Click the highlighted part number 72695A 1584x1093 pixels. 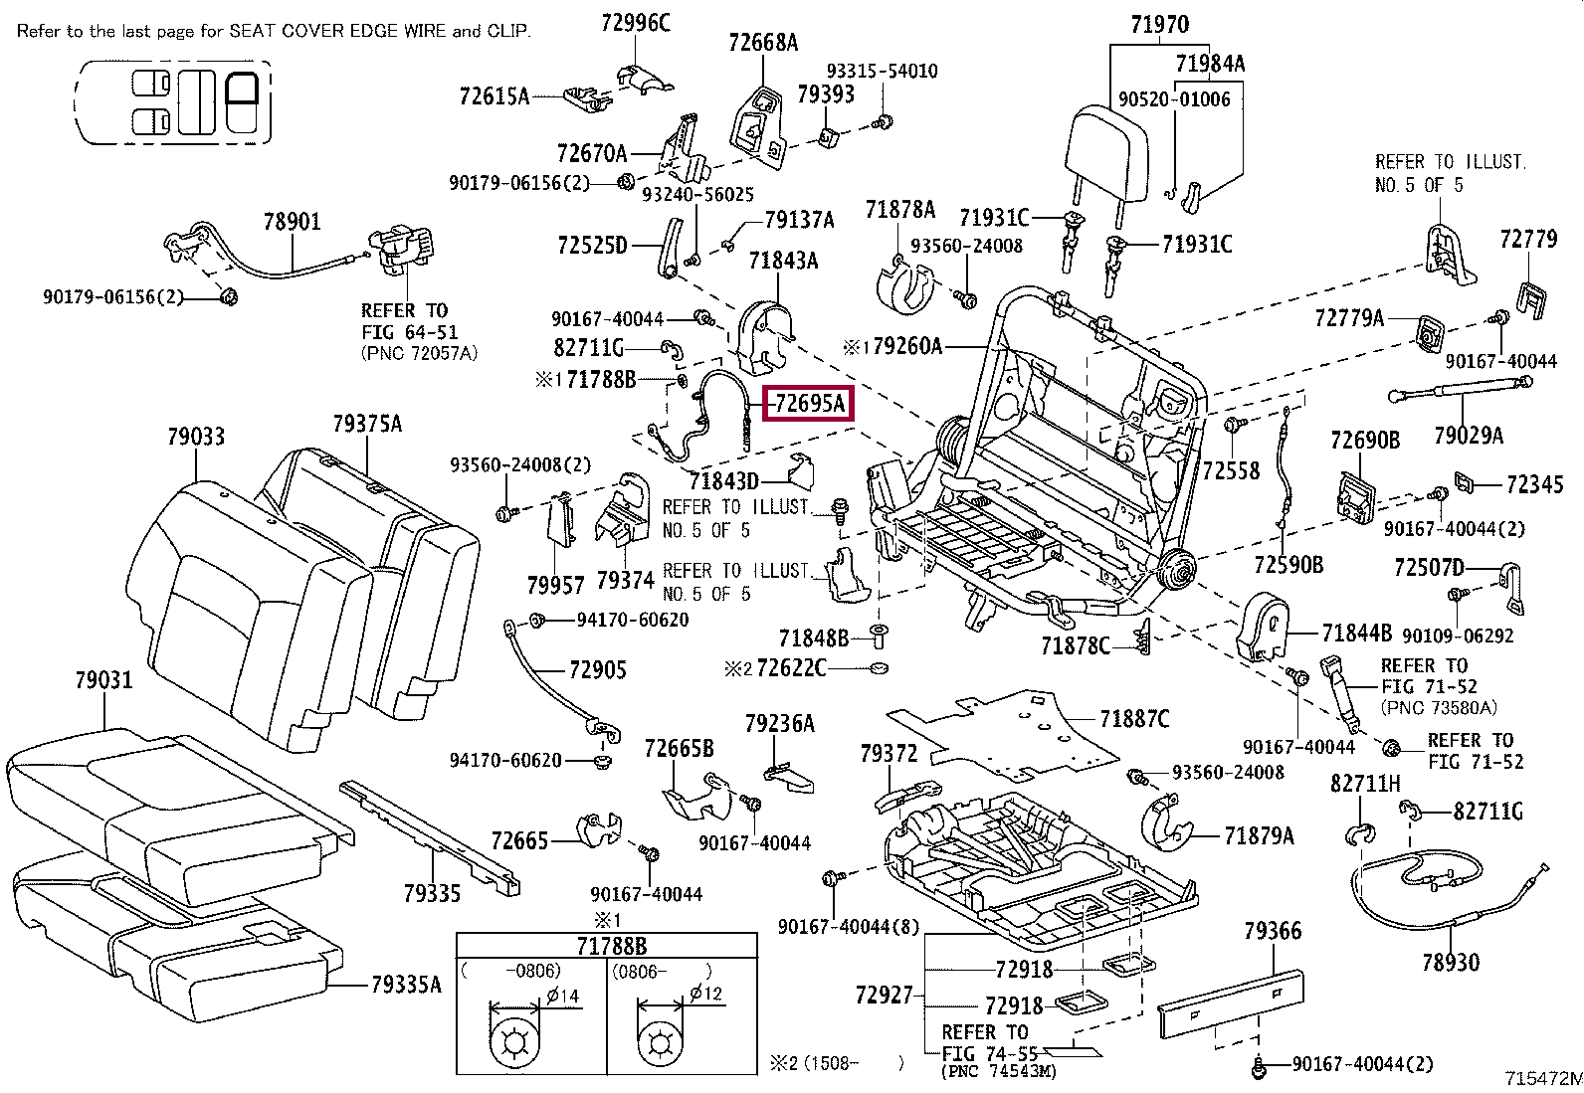809,403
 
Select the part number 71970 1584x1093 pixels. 1160,25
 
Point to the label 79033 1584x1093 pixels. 196,437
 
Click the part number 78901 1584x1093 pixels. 293,222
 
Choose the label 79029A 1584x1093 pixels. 1469,435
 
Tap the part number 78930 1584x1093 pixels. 1451,962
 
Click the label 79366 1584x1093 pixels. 1273,931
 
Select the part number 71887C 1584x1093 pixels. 1134,719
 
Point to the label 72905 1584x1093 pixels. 598,669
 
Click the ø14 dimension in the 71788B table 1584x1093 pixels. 563,996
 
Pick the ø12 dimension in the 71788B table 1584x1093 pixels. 705,994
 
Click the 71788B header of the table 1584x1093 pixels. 612,946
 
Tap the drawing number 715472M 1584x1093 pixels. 1543,1077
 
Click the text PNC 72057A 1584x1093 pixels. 419,353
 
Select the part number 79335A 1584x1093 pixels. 406,985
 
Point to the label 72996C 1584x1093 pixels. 636,23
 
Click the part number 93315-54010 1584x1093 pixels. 882,71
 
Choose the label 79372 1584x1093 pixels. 889,754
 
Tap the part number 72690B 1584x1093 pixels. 1365,440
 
